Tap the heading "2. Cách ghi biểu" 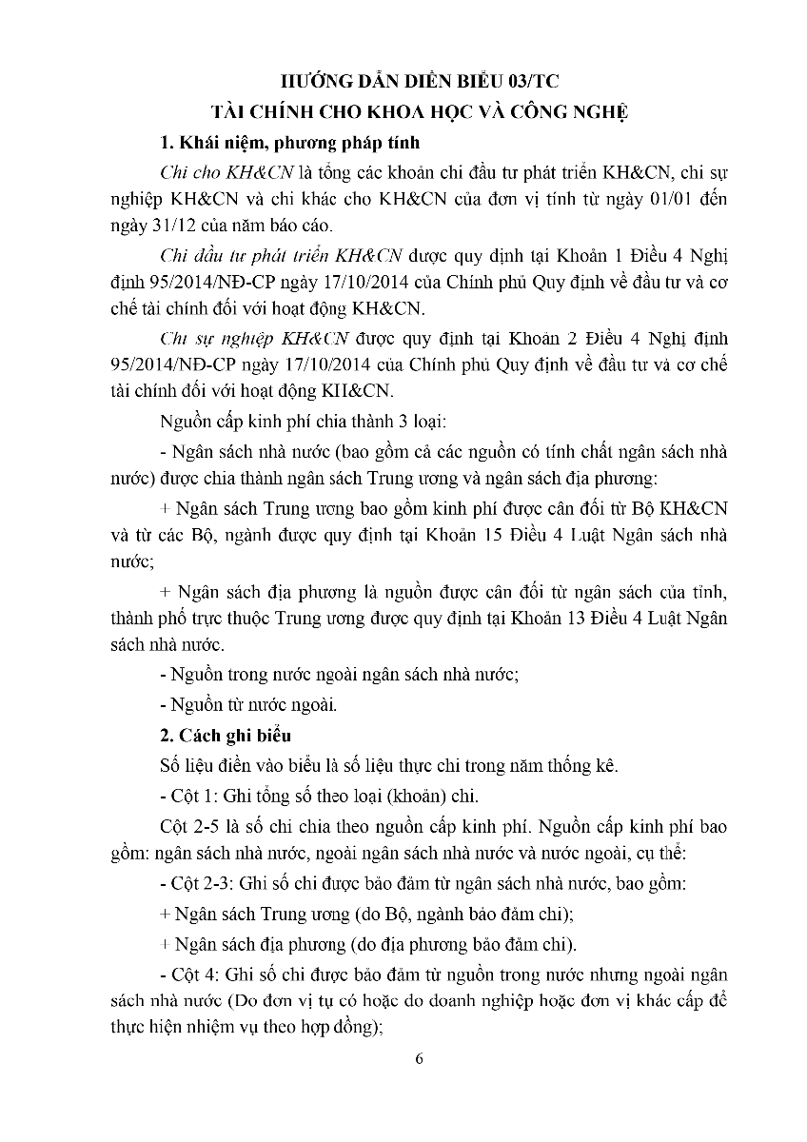tap(226, 736)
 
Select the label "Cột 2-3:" tap(200, 883)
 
